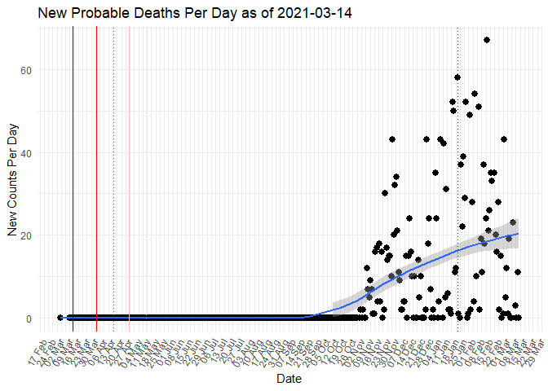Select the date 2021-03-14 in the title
tap(300, 14)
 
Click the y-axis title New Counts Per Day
tap(12, 179)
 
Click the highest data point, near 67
tap(487, 40)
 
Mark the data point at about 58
tap(457, 77)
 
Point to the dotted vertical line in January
tap(457, 204)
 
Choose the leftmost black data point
tap(60, 318)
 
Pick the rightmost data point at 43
tap(504, 139)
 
